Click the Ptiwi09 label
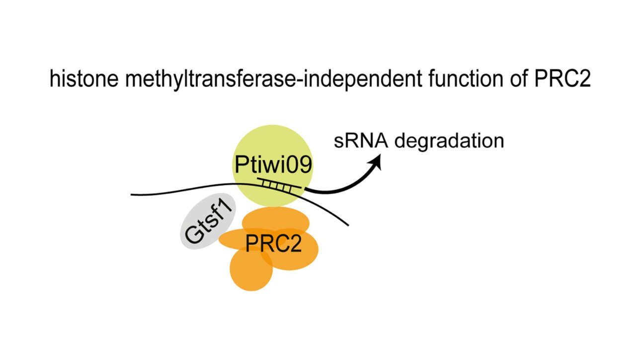coord(273,164)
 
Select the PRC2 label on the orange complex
coord(274,243)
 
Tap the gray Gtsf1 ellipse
coord(196,236)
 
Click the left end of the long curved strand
coord(132,194)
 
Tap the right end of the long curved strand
coord(347,225)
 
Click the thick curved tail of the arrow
coord(338,188)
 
